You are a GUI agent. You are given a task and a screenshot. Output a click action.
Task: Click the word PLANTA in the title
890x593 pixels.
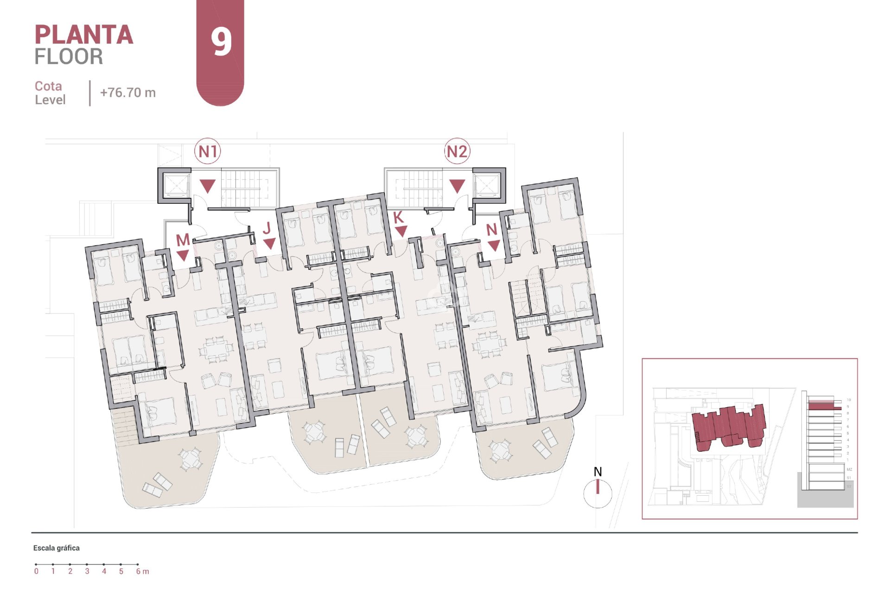click(84, 35)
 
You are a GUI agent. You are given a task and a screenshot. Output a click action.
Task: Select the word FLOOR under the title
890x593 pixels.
click(69, 57)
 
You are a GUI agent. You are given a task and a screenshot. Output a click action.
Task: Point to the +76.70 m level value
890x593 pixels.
click(128, 93)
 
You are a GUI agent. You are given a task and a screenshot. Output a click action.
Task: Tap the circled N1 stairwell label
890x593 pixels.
click(208, 151)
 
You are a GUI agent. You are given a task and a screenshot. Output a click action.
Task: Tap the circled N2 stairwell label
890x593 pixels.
click(457, 151)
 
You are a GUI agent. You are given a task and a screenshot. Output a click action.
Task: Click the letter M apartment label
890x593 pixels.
click(183, 240)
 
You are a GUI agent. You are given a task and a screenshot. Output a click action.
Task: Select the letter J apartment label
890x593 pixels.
click(267, 228)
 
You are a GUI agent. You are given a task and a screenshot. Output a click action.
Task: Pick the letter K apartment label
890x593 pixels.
click(398, 217)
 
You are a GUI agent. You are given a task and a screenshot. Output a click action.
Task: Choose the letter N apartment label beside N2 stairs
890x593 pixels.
click(492, 229)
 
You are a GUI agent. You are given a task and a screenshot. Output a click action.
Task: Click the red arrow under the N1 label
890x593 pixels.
click(208, 186)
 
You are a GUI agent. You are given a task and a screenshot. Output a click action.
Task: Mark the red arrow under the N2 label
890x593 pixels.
click(457, 186)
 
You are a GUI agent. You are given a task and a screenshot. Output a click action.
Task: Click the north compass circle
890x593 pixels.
click(598, 494)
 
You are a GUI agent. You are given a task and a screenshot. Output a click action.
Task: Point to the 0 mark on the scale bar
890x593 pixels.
click(36, 571)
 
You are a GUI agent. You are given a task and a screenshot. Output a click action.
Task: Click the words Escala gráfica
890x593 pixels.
click(56, 548)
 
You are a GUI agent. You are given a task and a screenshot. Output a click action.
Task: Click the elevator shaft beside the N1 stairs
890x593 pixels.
click(175, 185)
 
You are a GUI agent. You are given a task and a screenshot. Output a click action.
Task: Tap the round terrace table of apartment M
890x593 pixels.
click(190, 460)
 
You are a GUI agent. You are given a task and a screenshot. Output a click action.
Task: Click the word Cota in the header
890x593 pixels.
click(48, 86)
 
